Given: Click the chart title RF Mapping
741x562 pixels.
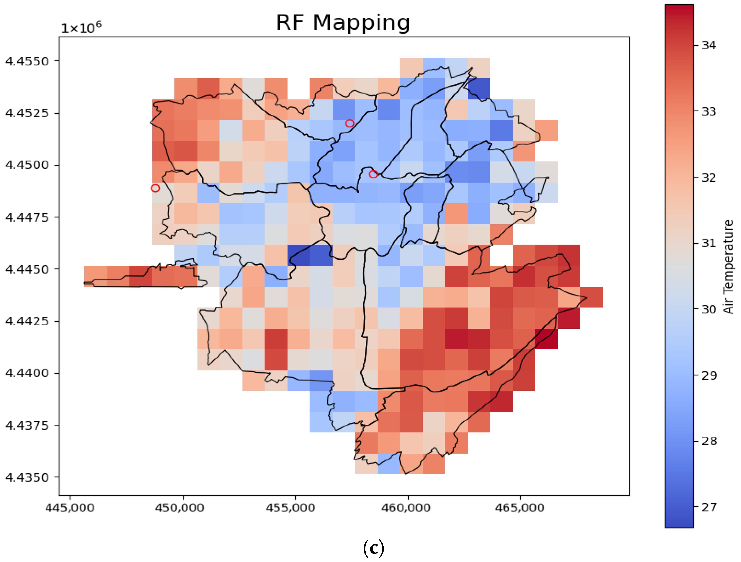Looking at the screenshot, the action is (x=343, y=23).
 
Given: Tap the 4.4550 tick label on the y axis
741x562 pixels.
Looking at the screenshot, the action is (x=27, y=61).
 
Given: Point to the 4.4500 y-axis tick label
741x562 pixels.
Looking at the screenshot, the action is (x=27, y=165).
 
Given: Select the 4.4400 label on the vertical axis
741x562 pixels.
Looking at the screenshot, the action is (x=27, y=373).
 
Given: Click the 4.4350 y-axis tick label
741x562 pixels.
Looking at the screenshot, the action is (x=27, y=477).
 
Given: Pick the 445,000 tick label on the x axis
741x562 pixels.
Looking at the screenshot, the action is (x=70, y=508).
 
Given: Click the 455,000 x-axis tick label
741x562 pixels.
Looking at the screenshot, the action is (x=291, y=508).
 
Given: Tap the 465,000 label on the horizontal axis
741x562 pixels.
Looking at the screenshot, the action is (x=520, y=508).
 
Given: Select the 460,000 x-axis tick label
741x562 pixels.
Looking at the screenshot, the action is (x=406, y=508).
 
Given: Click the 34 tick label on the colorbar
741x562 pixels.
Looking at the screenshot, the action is (x=709, y=45).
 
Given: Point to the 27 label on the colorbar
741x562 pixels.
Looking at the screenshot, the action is (x=709, y=507).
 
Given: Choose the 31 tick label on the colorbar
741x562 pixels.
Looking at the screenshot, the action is (x=709, y=243).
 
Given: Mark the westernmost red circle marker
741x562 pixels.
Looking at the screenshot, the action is (x=155, y=188).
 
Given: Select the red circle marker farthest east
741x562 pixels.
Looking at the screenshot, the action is (x=373, y=174).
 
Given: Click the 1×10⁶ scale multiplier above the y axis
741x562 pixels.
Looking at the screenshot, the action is (x=81, y=27).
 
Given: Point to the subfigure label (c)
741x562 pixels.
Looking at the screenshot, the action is (x=373, y=548).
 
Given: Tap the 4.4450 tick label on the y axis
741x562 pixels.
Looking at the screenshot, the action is (x=27, y=269).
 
